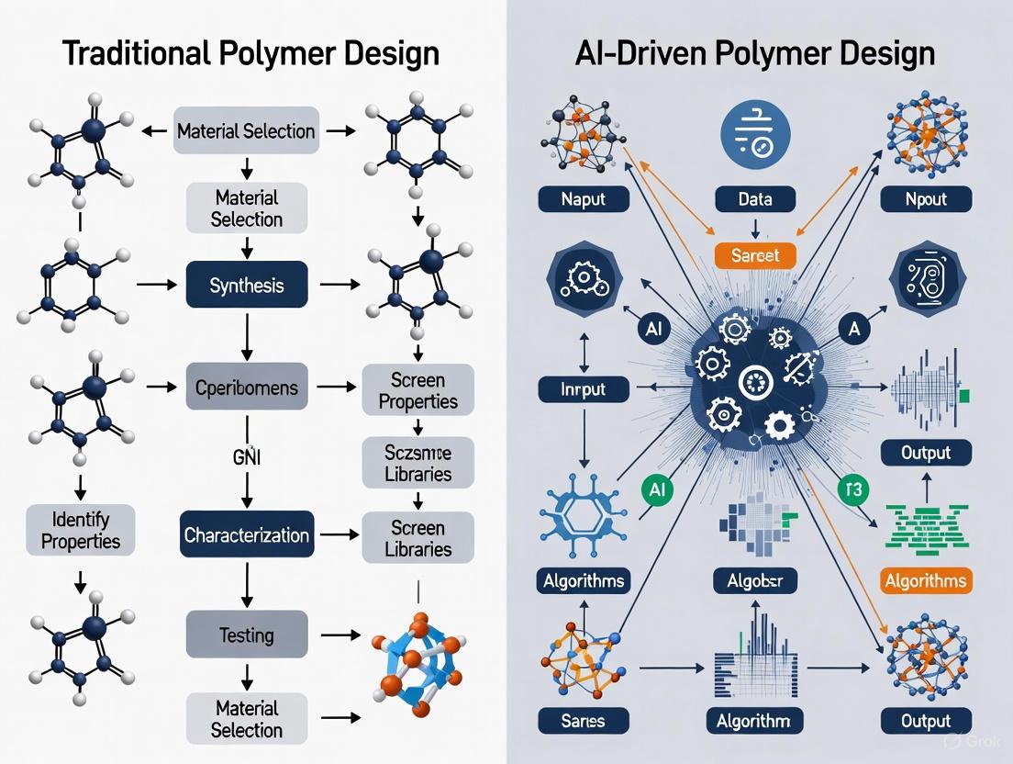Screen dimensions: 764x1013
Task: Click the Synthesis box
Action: coord(247,286)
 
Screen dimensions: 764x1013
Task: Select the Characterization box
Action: coord(247,534)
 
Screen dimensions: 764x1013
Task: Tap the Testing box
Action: coord(247,635)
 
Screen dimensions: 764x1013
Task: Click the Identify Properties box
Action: coord(81,530)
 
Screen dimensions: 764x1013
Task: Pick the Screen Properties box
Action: coord(417,390)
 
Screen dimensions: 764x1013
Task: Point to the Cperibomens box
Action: coord(247,388)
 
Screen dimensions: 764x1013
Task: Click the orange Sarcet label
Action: coord(754,254)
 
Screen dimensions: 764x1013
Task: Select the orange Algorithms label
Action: coord(925,580)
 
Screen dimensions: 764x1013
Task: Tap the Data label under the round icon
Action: coord(754,198)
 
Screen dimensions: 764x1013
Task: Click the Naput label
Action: coord(584,198)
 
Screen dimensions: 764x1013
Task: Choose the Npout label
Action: coord(925,198)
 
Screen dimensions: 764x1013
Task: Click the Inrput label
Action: coord(584,388)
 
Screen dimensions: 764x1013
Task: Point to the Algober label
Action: coord(754,580)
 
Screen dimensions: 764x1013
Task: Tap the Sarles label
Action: coord(584,721)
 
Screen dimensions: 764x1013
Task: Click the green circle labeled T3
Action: coord(854,489)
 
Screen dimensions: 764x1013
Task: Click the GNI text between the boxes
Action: coord(247,456)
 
